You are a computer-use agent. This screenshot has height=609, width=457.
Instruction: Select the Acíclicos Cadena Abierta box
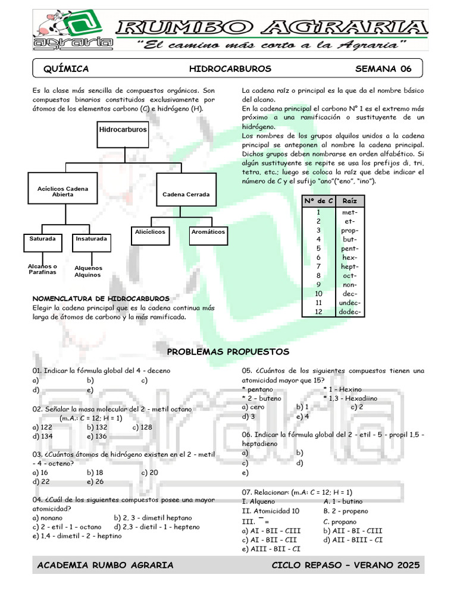point(62,192)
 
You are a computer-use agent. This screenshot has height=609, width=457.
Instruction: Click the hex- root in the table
point(350,258)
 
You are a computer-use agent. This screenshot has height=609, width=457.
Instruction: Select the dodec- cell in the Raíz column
point(350,312)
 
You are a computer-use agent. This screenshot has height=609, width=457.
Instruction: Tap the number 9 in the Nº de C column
point(318,284)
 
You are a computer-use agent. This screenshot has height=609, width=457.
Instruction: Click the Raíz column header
point(350,202)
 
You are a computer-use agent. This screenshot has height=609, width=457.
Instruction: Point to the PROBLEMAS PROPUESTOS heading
point(228,352)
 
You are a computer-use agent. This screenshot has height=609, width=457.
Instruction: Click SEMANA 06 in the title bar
point(383,69)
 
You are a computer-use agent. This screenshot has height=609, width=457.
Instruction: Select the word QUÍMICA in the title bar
point(66,69)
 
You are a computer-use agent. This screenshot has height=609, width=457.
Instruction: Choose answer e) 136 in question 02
point(96,436)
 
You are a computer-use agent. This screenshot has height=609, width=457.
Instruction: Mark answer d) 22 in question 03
point(41,481)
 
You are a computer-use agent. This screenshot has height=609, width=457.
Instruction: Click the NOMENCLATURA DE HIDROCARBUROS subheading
point(101,299)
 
